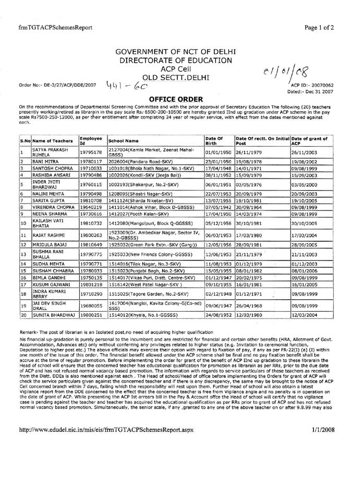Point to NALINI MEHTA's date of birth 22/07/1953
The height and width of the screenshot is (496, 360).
217,194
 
